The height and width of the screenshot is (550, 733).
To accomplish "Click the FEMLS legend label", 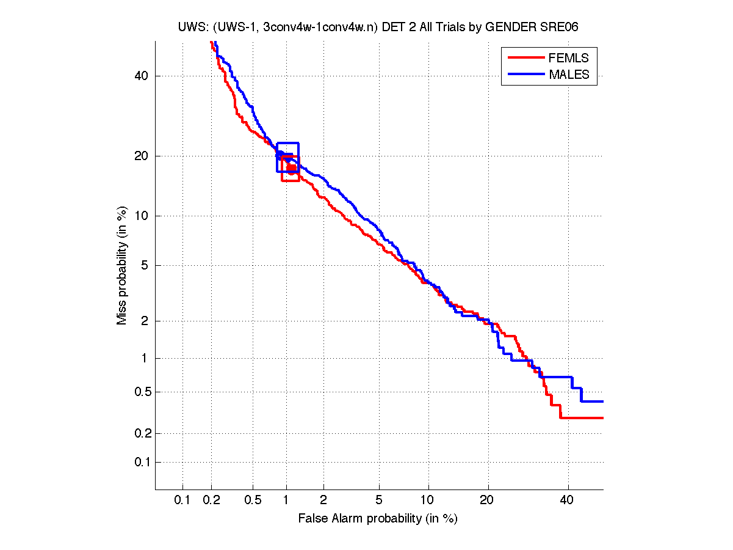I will point(569,58).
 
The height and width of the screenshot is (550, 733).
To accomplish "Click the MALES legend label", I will point(569,75).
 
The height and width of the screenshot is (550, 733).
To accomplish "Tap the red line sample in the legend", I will point(525,58).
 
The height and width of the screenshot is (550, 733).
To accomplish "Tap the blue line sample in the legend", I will point(525,75).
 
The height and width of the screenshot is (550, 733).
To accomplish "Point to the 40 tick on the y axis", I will point(142,76).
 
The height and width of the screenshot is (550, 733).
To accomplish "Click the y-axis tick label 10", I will point(142,216).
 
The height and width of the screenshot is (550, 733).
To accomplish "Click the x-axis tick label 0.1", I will point(182,501).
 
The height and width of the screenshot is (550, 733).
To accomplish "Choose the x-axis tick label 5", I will point(379,501).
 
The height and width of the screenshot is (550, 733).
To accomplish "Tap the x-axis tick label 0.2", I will point(212,501).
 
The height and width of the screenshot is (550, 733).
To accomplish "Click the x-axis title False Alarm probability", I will point(377,519).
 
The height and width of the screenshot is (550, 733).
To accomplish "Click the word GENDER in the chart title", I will point(524,26).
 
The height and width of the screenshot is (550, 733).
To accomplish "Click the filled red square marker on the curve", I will point(292,168).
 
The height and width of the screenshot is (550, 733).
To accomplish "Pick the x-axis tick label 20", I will point(486,501).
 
